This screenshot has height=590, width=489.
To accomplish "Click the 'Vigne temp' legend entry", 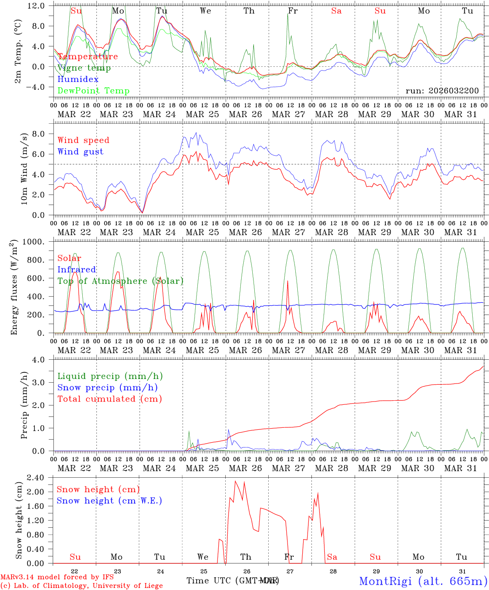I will point(84,68).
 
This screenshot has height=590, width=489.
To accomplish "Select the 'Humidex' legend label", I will point(78,79).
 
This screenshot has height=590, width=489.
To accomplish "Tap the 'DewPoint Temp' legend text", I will point(93,91).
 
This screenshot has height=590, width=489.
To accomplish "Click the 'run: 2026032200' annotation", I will point(442,91).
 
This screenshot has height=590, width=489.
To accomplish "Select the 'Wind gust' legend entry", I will point(80,152).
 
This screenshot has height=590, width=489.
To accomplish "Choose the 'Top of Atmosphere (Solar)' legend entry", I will point(120,281).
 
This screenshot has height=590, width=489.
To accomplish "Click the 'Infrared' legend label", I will point(77,270).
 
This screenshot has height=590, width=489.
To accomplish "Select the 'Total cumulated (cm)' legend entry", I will point(109,399).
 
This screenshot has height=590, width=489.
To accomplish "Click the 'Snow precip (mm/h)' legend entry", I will point(107,388).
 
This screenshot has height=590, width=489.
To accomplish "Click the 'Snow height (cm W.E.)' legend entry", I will point(109,501).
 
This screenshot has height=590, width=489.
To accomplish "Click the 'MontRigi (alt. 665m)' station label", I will point(423,581).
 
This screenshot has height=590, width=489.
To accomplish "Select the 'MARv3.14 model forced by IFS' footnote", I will point(57,577).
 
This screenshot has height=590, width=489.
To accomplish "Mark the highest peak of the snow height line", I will point(235,481).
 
